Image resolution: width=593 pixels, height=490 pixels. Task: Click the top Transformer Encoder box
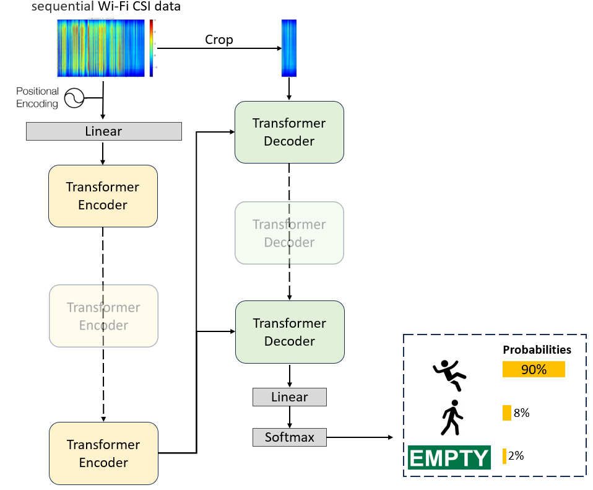click(103, 196)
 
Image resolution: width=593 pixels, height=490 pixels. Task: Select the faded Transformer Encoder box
click(103, 316)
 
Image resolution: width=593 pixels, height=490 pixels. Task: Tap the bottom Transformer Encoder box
click(103, 453)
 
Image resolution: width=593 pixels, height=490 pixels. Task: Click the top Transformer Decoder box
click(289, 132)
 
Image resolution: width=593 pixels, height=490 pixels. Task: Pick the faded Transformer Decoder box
click(289, 233)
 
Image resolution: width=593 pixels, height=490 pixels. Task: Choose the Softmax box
click(289, 437)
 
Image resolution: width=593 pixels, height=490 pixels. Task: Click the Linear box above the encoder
click(103, 131)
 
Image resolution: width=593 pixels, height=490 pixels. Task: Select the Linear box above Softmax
click(289, 397)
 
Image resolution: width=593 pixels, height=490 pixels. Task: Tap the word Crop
click(219, 40)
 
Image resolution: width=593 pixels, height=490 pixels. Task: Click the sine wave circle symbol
click(75, 98)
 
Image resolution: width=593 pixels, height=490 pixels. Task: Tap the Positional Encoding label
click(38, 97)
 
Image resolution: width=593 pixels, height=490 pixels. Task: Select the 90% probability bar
click(534, 369)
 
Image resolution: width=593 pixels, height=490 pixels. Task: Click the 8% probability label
click(521, 413)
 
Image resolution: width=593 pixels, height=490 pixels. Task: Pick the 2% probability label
click(516, 456)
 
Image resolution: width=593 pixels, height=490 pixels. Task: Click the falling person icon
click(449, 375)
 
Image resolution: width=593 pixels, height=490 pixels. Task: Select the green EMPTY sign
click(449, 457)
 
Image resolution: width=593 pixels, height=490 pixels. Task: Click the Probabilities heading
click(537, 350)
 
